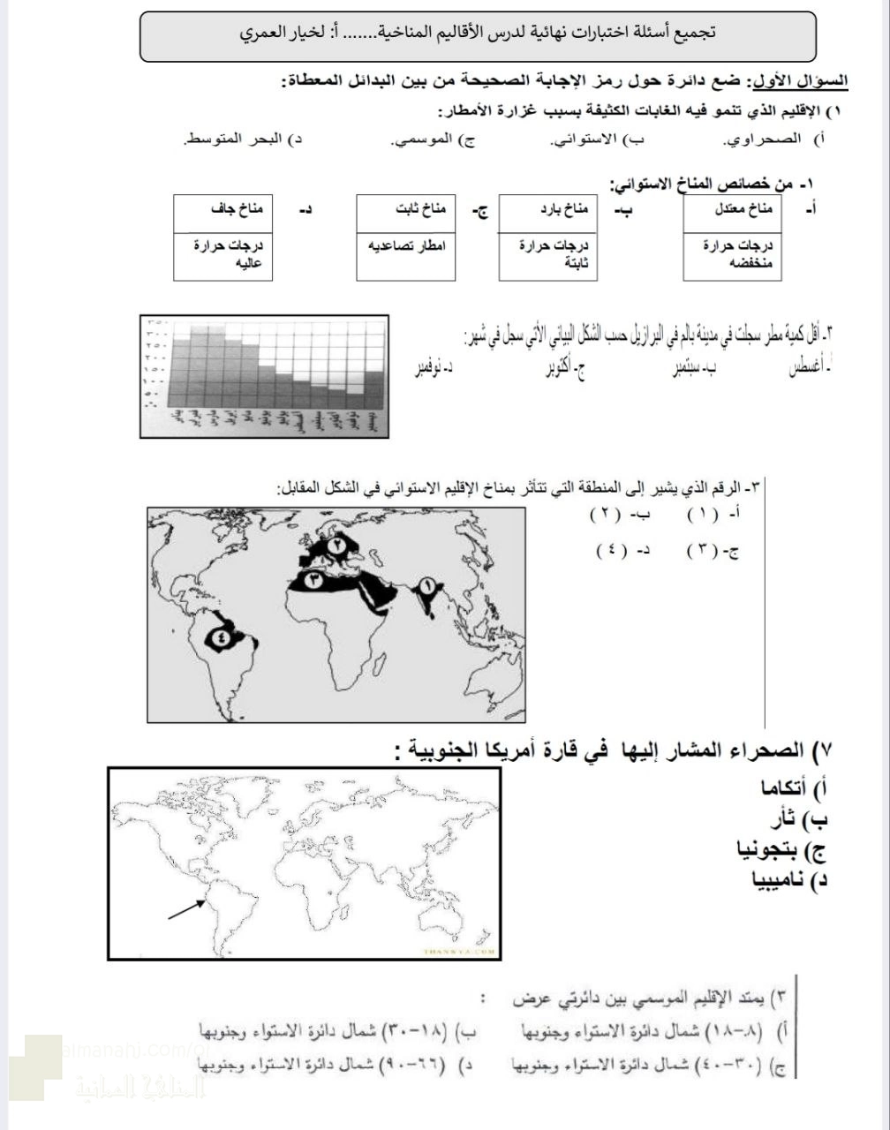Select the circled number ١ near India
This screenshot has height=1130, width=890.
pyautogui.click(x=428, y=585)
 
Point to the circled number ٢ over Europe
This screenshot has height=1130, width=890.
pyautogui.click(x=338, y=546)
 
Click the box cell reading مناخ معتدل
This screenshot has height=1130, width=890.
pyautogui.click(x=733, y=211)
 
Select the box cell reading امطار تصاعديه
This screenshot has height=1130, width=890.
pyautogui.click(x=406, y=245)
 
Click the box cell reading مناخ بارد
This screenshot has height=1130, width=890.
pyautogui.click(x=548, y=211)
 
